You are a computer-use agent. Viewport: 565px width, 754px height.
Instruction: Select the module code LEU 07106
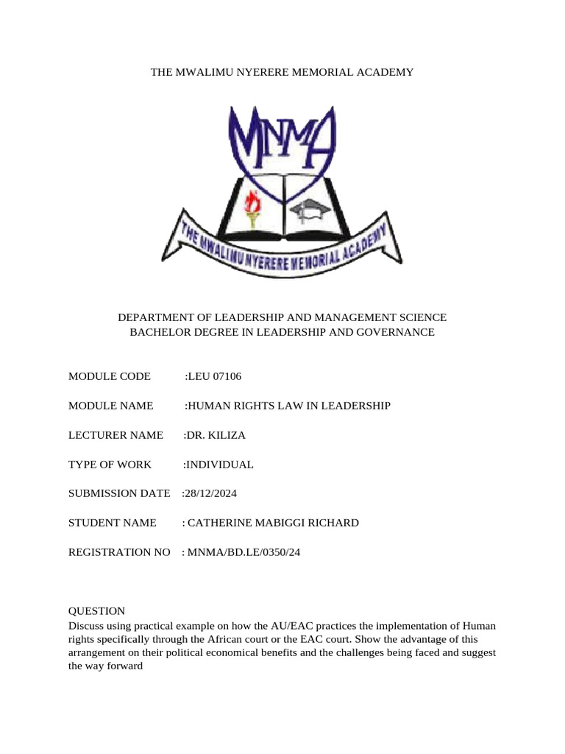(x=214, y=376)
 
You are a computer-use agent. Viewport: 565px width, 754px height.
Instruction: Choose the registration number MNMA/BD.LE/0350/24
(x=243, y=552)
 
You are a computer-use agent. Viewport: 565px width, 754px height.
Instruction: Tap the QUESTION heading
(x=96, y=610)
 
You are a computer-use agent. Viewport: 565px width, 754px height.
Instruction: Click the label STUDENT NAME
(x=112, y=523)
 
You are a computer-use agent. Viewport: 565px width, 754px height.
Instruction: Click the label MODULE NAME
(x=110, y=406)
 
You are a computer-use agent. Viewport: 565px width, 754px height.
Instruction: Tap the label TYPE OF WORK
(x=110, y=465)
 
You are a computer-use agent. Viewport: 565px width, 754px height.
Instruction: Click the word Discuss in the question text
(x=85, y=625)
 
